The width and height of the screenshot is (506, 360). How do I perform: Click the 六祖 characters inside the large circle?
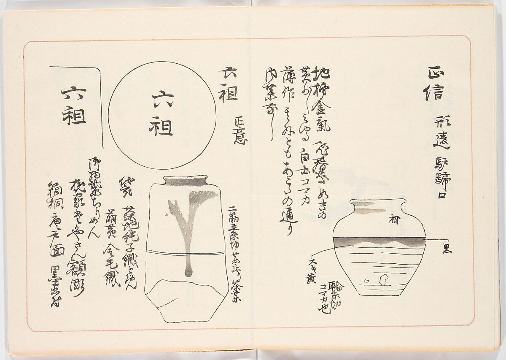pyautogui.click(x=162, y=114)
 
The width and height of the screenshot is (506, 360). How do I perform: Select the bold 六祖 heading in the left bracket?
pyautogui.click(x=74, y=106)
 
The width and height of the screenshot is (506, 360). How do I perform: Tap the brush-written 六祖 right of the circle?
pyautogui.click(x=228, y=84)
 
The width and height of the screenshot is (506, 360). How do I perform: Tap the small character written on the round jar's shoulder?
pyautogui.click(x=394, y=219)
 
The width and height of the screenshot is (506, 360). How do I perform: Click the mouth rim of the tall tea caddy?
pyautogui.click(x=185, y=181)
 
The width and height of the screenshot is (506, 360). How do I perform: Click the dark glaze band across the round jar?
pyautogui.click(x=379, y=241)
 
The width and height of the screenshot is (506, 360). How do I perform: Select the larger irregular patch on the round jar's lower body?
pyautogui.click(x=385, y=279)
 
